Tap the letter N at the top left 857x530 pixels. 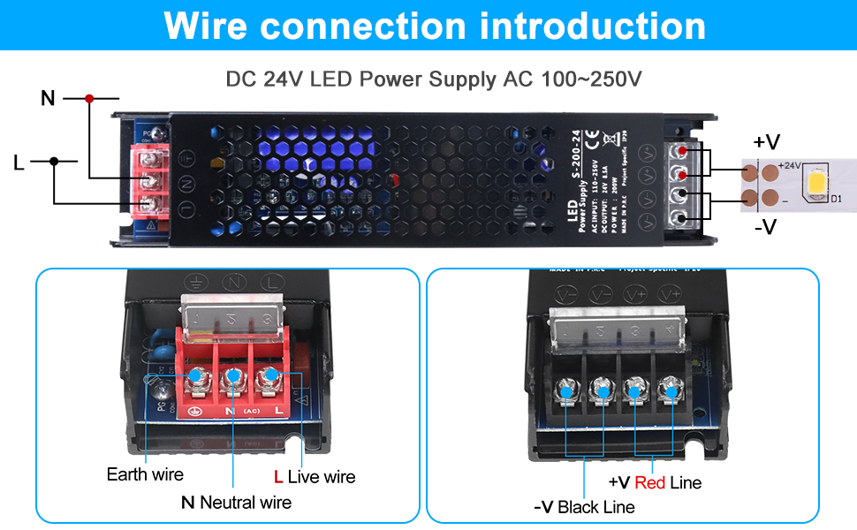click(x=49, y=98)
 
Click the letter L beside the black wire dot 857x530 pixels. click(x=19, y=162)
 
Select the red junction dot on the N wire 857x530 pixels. click(x=89, y=98)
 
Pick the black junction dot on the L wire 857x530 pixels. click(x=54, y=162)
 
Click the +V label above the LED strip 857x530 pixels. click(x=766, y=141)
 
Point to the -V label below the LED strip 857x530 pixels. click(x=765, y=227)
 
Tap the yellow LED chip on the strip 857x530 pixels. click(x=814, y=184)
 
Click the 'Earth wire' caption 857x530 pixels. click(x=145, y=474)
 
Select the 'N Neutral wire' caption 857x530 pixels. click(x=236, y=503)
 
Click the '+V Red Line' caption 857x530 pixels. click(x=655, y=482)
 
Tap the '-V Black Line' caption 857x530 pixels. click(x=584, y=507)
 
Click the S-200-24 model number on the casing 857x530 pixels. click(x=575, y=169)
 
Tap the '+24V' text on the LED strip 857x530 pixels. click(x=790, y=165)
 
